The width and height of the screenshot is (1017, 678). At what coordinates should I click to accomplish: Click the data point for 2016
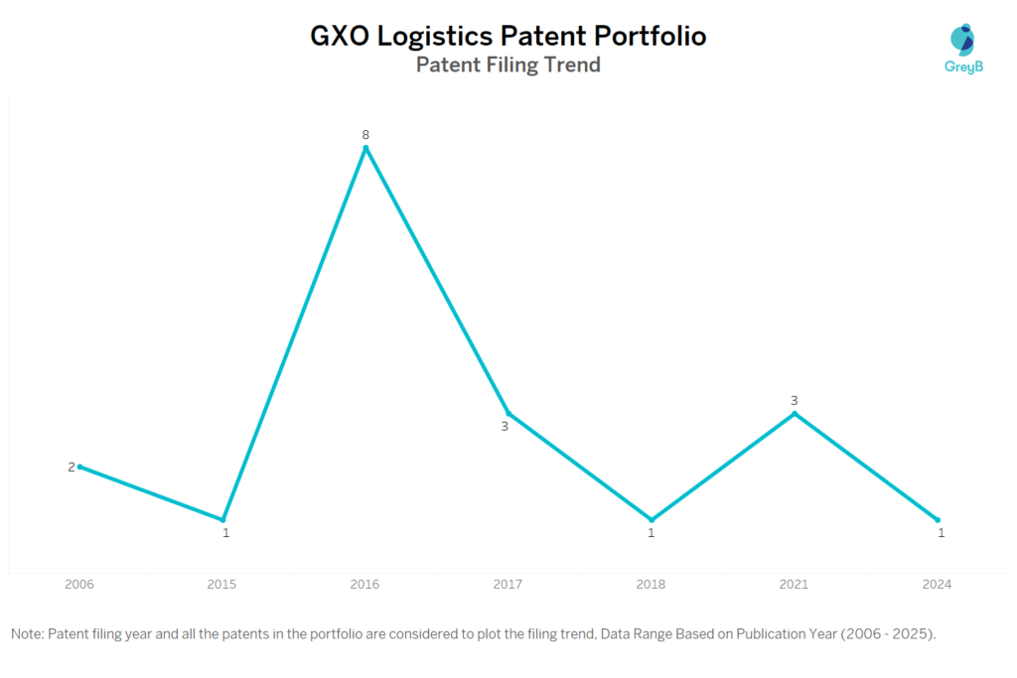coord(365,149)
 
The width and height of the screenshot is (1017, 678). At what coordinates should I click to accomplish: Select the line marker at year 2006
coord(79,467)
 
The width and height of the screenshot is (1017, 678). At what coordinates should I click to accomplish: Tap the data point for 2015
coord(222,519)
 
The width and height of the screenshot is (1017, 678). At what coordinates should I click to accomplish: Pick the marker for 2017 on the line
coord(508,413)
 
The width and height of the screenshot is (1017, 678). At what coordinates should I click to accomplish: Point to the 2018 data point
coord(652,519)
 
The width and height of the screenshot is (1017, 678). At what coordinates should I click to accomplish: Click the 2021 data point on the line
coord(795,413)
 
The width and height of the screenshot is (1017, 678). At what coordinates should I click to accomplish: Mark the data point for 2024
coord(938,519)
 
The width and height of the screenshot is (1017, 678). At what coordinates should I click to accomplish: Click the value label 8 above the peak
coord(365,134)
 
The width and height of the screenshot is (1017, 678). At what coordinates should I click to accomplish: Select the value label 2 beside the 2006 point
coord(71,467)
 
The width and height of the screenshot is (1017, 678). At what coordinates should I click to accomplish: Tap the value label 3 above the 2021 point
coord(795,400)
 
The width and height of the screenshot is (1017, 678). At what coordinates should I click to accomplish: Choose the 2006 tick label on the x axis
coord(79,585)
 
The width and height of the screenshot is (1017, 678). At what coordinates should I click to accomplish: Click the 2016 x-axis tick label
coord(365,585)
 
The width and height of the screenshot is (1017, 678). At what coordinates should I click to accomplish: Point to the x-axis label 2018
coord(652,585)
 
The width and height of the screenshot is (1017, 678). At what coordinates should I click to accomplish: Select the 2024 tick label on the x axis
coord(937,585)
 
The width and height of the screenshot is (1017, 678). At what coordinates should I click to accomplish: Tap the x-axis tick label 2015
coord(222,585)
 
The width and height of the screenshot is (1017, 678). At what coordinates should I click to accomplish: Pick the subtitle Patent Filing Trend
coord(508,66)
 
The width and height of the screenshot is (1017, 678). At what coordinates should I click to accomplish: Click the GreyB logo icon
coord(961,40)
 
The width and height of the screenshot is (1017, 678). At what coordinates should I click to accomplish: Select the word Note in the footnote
coord(26,633)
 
